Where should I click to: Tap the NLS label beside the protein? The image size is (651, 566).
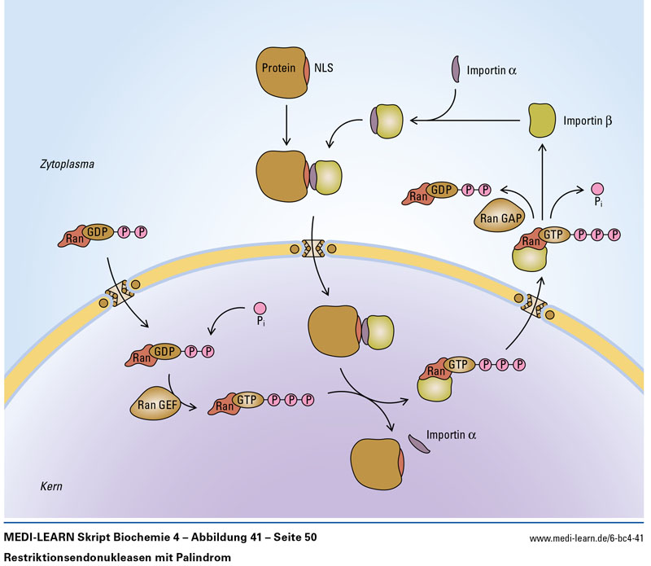(323, 69)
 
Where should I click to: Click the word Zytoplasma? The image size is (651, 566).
(68, 164)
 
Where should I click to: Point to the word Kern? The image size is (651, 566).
(51, 486)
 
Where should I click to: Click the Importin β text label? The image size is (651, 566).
(587, 121)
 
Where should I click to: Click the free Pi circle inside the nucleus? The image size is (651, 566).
(260, 308)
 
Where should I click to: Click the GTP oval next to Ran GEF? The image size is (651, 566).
(250, 401)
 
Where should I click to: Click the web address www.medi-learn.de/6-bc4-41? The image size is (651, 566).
(586, 538)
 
